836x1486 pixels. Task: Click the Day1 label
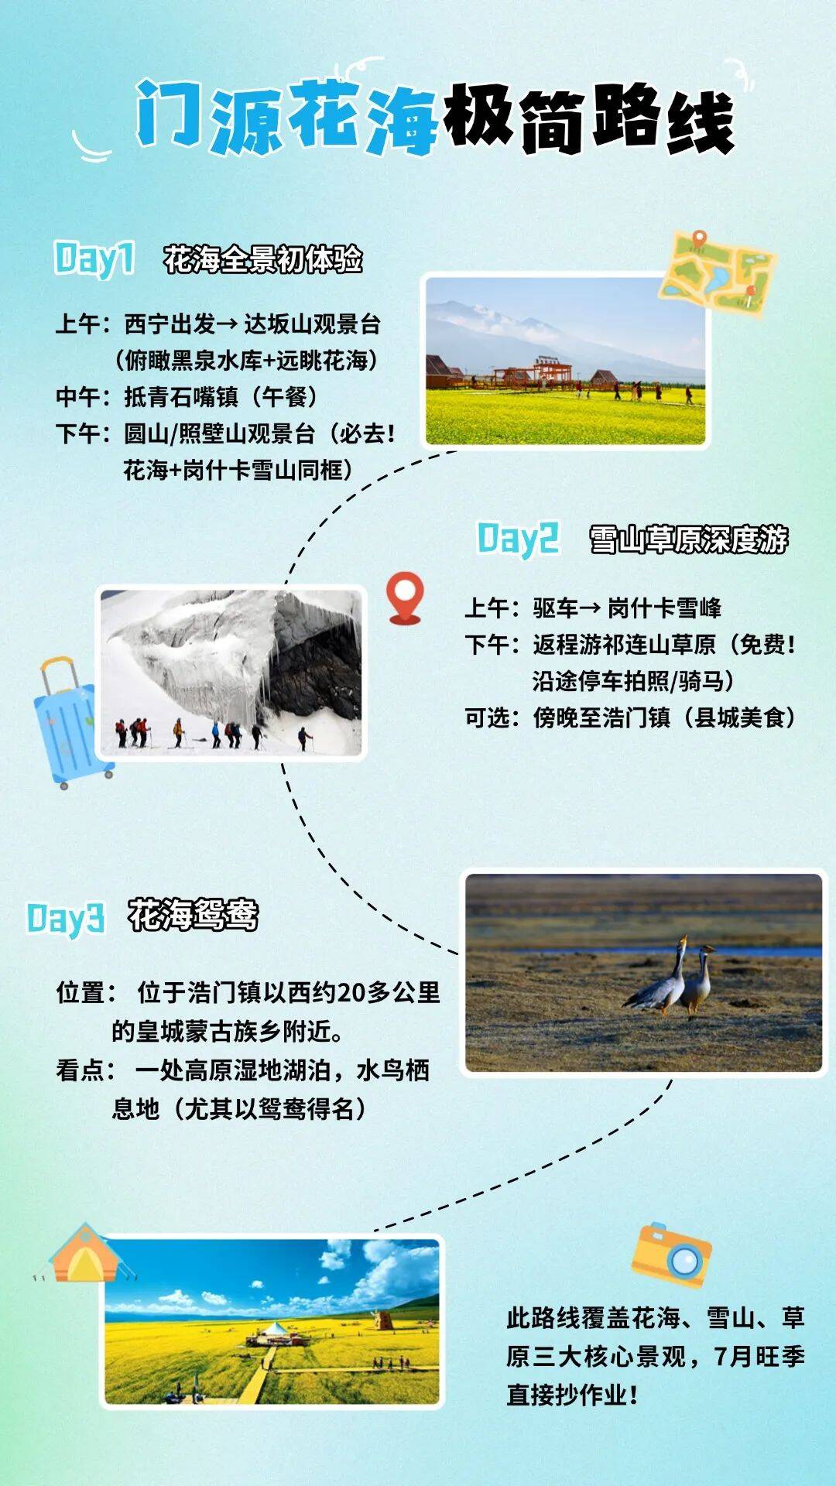(x=94, y=259)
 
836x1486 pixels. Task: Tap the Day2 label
(x=518, y=539)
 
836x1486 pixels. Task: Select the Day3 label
(x=66, y=918)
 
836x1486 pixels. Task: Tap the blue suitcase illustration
(x=72, y=723)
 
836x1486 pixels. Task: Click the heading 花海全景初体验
(x=263, y=259)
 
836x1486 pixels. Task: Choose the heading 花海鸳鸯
(x=193, y=916)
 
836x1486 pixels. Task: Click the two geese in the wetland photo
(x=670, y=977)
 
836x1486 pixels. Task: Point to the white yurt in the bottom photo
(x=275, y=1333)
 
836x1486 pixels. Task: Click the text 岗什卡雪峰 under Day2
(x=664, y=608)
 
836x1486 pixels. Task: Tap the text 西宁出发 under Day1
(x=170, y=324)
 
